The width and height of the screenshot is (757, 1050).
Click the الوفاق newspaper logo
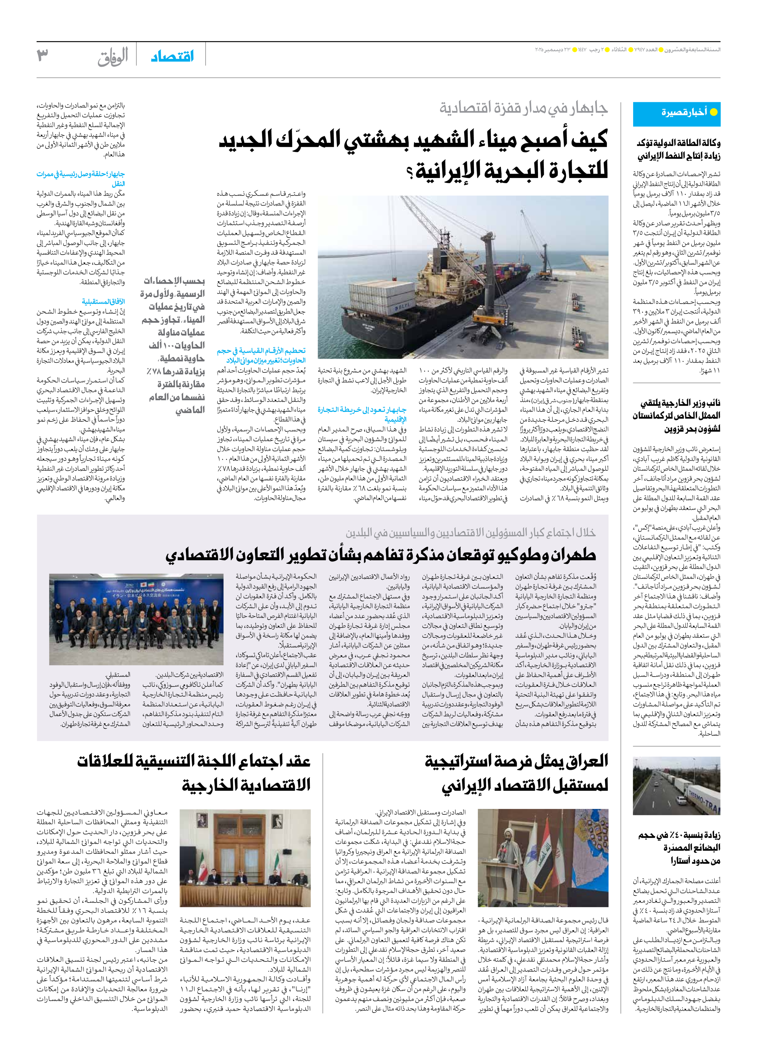tap(113, 57)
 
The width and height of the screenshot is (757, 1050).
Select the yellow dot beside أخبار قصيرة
tap(713, 112)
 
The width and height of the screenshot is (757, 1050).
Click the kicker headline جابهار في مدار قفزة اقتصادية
tap(523, 108)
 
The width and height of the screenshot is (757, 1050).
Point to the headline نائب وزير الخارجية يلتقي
tap(680, 403)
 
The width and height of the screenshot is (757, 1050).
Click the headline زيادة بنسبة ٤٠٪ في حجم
tap(679, 835)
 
